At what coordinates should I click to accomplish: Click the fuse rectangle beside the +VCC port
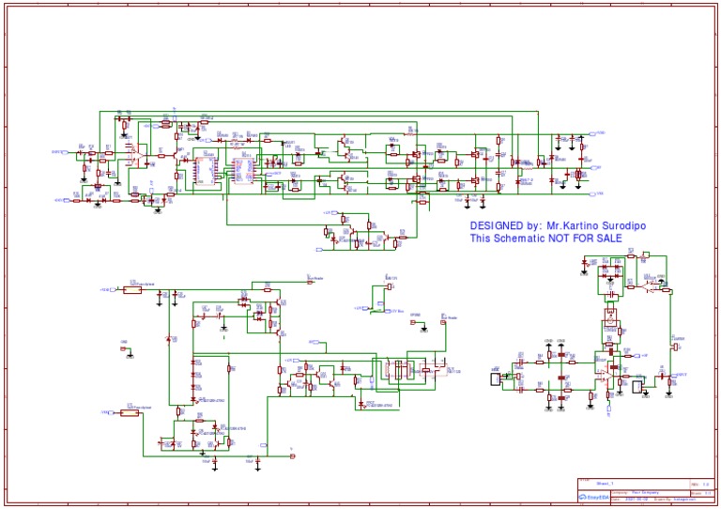tap(132, 290)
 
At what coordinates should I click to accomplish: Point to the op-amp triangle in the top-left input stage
tap(140, 149)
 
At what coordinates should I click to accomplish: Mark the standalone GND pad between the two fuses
tap(126, 351)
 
